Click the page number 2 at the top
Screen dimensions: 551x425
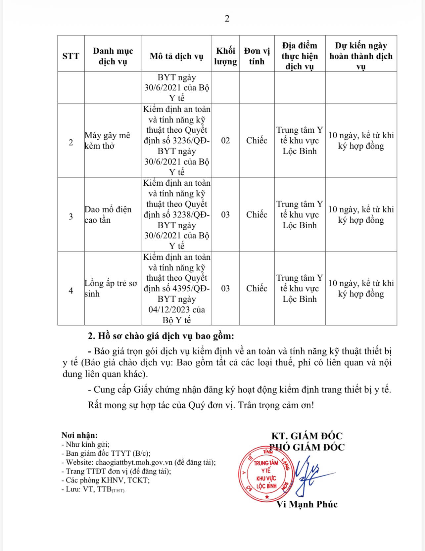227,19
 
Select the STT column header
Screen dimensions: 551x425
71,56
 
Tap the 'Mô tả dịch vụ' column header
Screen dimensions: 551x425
176,56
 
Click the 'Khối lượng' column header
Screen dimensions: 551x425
225,56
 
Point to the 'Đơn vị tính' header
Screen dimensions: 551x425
257,56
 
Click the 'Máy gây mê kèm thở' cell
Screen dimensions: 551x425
107,140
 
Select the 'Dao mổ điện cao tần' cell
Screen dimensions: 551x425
108,214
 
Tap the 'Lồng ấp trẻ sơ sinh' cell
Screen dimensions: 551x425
111,288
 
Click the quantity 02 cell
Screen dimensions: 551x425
225,140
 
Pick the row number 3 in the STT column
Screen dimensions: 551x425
71,217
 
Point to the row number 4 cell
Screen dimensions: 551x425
71,291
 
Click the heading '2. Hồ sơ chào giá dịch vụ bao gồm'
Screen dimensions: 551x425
161,336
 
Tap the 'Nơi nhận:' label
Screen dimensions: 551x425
79,436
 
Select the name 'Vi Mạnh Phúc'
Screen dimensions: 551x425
307,504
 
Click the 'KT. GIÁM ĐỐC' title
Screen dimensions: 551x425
307,436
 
